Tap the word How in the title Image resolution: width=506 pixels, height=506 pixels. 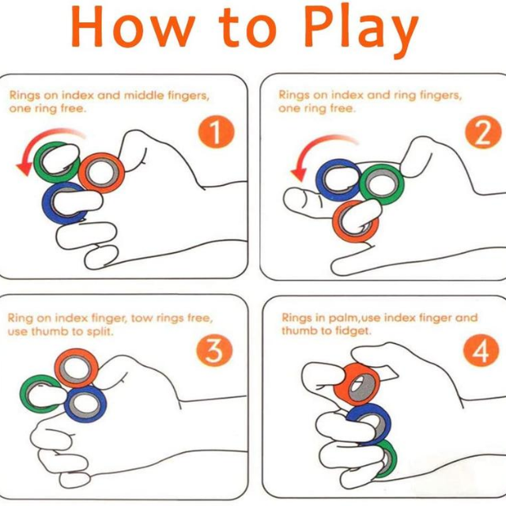tap(133, 28)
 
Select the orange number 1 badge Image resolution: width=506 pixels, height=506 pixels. tap(216, 132)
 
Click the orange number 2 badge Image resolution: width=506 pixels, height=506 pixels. tap(483, 132)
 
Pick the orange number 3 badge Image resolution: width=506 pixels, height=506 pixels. tap(214, 350)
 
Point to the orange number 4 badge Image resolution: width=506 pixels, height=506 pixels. tap(481, 350)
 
